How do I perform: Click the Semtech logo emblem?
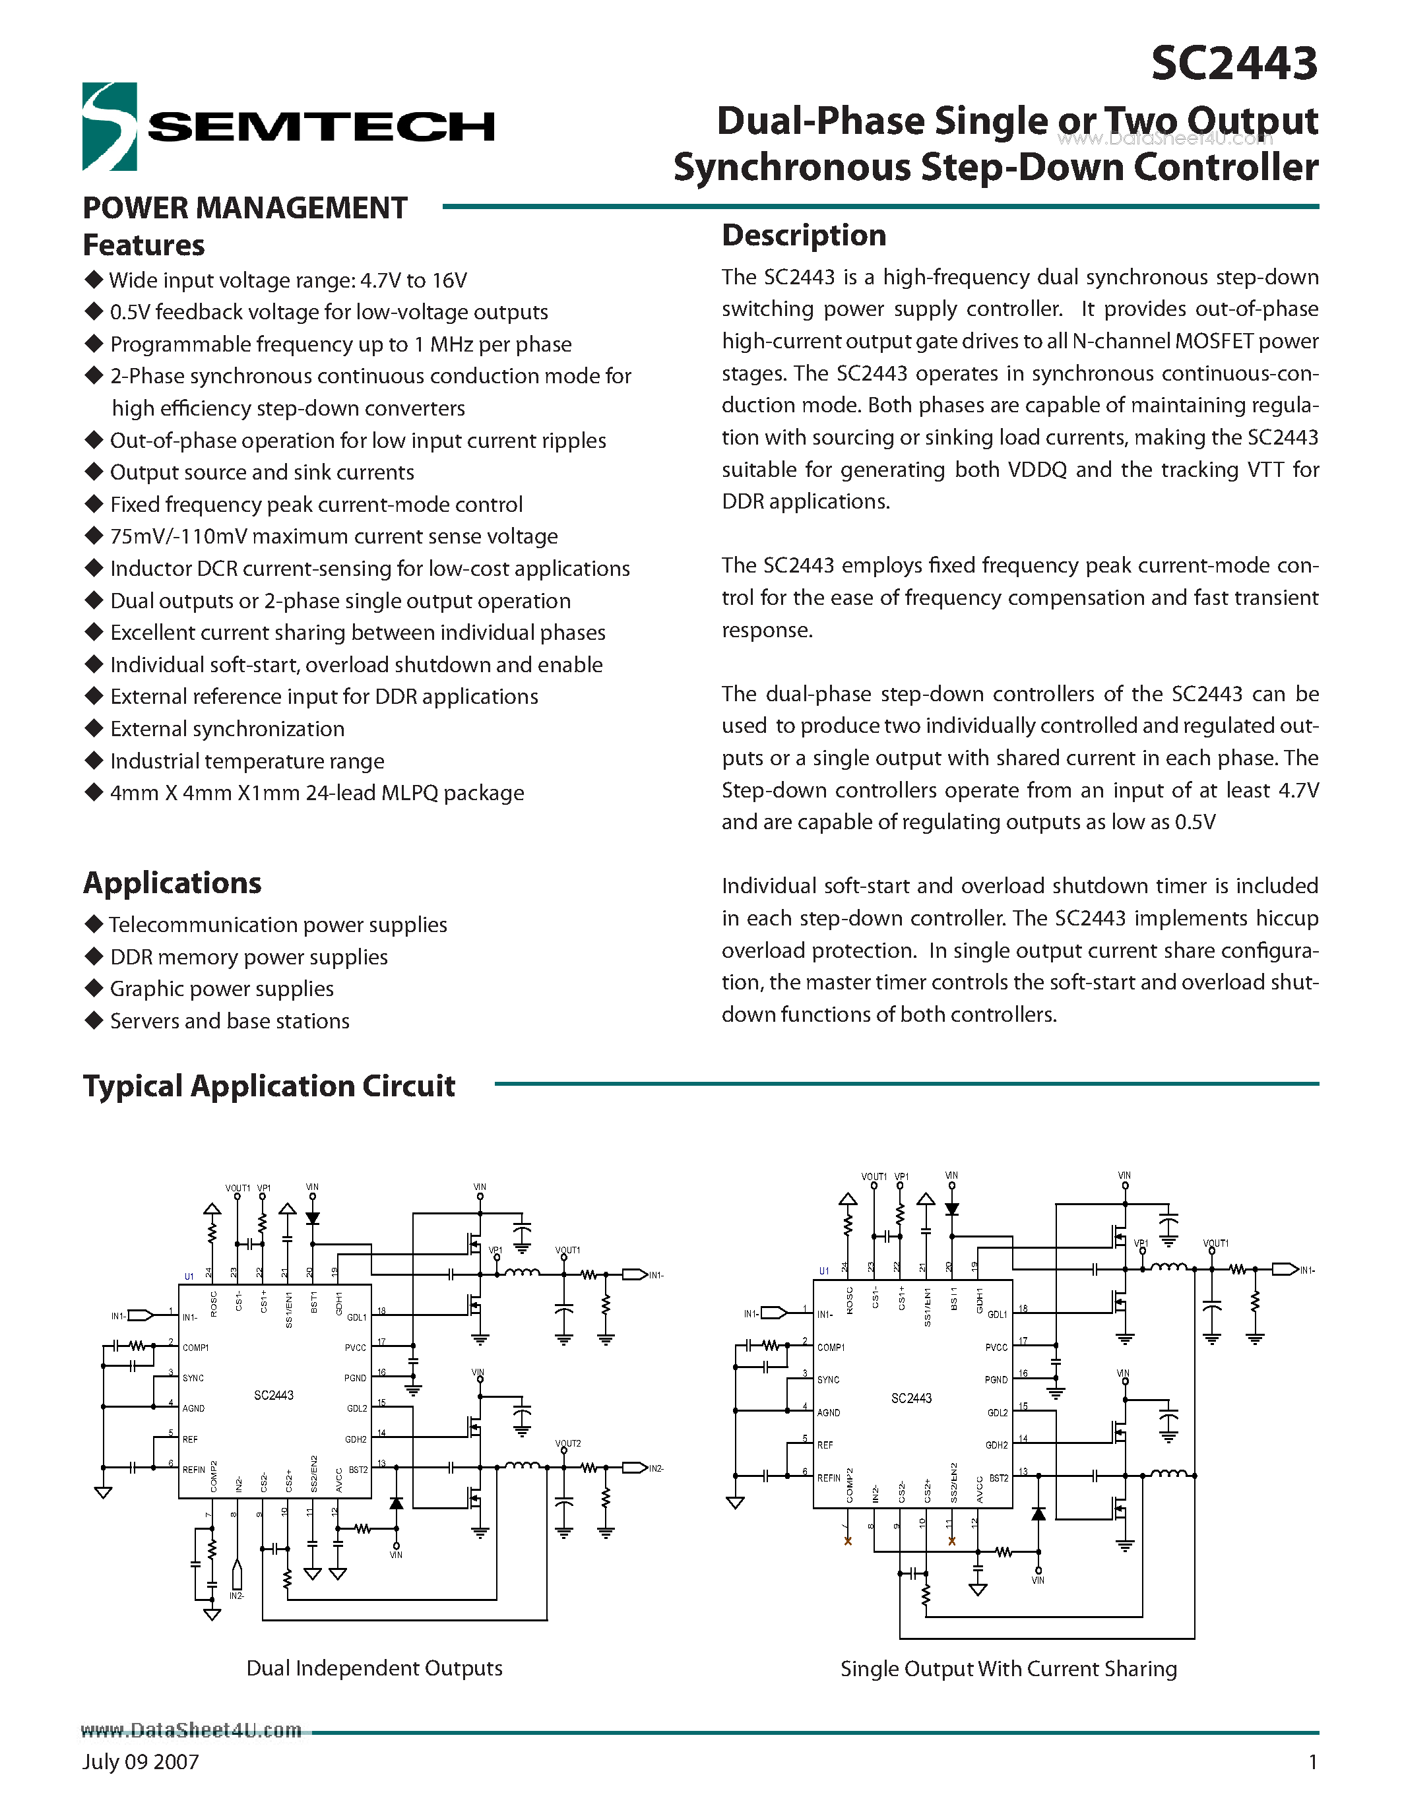[x=109, y=126]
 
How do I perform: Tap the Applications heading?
[x=172, y=882]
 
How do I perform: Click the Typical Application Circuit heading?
[x=269, y=1086]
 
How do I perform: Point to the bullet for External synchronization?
[x=94, y=728]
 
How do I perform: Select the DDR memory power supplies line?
[x=248, y=957]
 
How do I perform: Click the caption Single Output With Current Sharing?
[x=1008, y=1669]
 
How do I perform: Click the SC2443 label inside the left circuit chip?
[x=273, y=1395]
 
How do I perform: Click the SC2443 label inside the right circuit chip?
[x=911, y=1398]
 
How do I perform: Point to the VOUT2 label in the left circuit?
[x=568, y=1443]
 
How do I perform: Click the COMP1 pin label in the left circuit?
[x=195, y=1347]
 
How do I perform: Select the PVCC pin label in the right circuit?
[x=996, y=1347]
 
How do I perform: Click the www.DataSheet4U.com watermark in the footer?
[x=192, y=1730]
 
